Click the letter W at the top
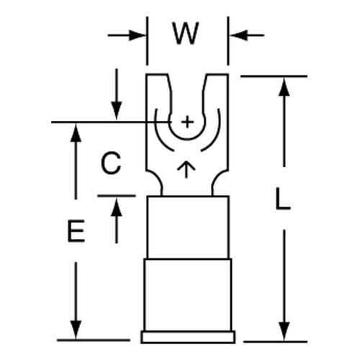tap(186, 34)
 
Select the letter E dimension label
tap(76, 231)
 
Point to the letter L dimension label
tap(283, 199)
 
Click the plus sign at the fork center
tap(187, 122)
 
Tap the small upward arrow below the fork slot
tap(186, 169)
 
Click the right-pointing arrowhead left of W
tap(138, 35)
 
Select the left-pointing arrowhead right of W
tap(238, 35)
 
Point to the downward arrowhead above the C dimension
tap(117, 111)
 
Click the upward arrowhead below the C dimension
tap(117, 207)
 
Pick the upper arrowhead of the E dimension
tap(76, 132)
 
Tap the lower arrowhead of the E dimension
tap(76, 330)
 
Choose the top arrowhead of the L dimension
tap(284, 87)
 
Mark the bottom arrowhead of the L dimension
tap(284, 331)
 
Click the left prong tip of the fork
tap(157, 76)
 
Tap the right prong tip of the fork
tap(217, 76)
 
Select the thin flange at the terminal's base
tap(188, 337)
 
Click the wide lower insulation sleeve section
tap(188, 294)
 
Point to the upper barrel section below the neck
tap(188, 228)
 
